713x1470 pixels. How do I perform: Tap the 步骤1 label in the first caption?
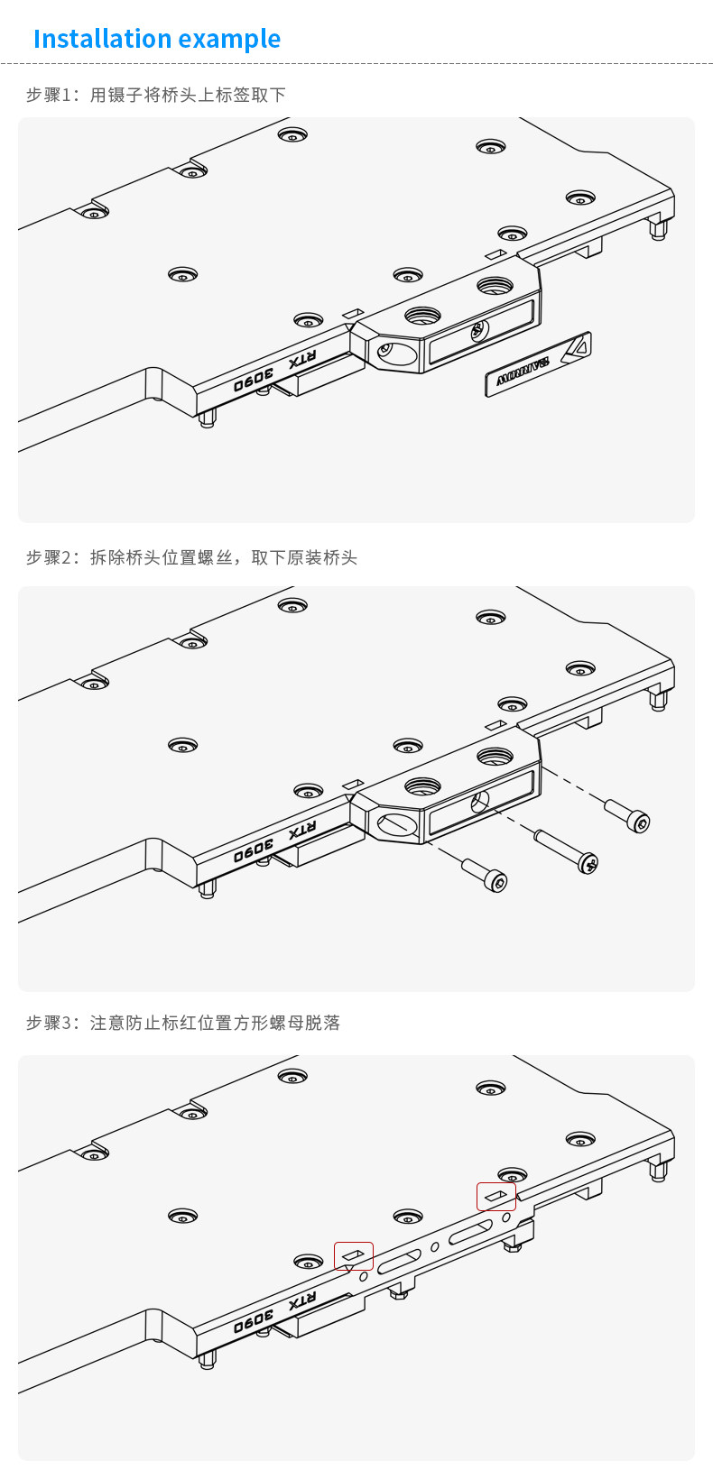47,95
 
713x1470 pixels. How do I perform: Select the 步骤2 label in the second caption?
47,557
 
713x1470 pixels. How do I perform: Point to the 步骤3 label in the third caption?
47,1023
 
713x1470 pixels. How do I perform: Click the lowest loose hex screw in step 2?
486,875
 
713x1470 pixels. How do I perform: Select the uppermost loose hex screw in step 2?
627,814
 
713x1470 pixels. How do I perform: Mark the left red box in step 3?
354,1255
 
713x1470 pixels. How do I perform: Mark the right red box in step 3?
496,1196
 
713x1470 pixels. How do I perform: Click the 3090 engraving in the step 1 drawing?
254,380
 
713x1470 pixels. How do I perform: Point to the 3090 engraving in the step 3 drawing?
254,1321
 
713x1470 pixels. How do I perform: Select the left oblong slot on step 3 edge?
400,1261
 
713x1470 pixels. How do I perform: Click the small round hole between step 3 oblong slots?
435,1246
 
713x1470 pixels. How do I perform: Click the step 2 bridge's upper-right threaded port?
494,756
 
